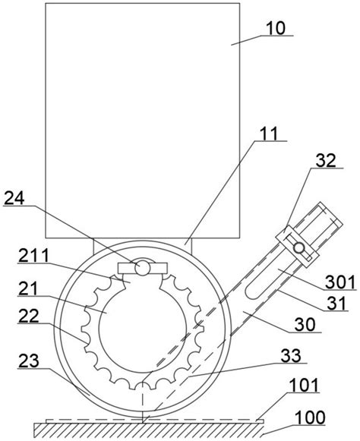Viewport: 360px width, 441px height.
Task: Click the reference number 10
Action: (276, 28)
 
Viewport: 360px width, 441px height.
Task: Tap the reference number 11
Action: (269, 134)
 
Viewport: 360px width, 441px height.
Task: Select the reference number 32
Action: (326, 161)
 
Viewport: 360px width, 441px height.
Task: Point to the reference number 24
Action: (14, 199)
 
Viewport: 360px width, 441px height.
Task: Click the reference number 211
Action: (33, 256)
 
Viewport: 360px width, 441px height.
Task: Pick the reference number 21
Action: (28, 288)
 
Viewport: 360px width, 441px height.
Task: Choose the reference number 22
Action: (28, 316)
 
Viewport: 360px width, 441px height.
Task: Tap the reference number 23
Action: (28, 361)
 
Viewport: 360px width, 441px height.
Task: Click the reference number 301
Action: (340, 282)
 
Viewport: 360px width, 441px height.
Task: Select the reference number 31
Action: (336, 304)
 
